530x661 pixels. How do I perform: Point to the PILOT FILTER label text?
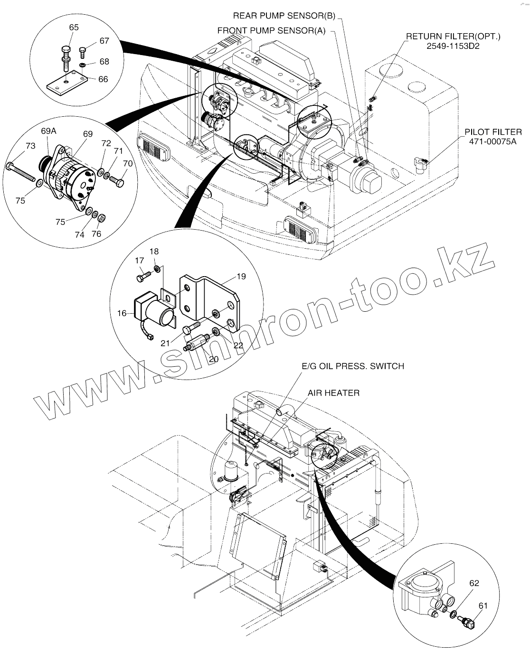tap(493, 132)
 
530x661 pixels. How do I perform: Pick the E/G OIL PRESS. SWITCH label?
tap(353, 366)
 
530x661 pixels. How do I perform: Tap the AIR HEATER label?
tap(333, 392)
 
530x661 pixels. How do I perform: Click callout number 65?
tap(74, 28)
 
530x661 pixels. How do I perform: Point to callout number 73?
tap(30, 146)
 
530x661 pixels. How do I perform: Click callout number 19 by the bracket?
tap(241, 276)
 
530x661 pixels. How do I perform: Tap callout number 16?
tap(122, 313)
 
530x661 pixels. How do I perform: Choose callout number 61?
tap(483, 605)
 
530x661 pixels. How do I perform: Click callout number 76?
tap(96, 234)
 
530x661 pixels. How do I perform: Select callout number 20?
tap(214, 359)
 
